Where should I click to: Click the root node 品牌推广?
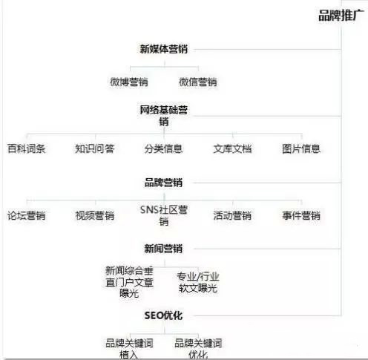point(341,16)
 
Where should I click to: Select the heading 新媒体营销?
point(164,49)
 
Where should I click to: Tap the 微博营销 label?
point(129,82)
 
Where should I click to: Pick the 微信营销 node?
point(198,82)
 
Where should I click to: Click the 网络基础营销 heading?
point(164,116)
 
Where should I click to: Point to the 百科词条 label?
point(27,148)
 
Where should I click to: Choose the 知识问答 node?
point(95,148)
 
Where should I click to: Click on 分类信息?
point(164,148)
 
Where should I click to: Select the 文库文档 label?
point(232,148)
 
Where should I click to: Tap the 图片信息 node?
point(301,148)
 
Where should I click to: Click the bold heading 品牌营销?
point(164,183)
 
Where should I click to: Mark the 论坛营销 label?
point(27,215)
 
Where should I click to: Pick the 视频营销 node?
point(95,215)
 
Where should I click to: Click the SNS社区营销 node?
point(164,215)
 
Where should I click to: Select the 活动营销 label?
point(232,215)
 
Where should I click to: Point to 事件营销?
point(301,215)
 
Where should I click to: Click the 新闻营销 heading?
point(164,249)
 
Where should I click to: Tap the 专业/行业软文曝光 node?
point(198,282)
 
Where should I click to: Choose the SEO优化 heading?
point(164,315)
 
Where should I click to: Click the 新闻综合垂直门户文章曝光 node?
point(129,282)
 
